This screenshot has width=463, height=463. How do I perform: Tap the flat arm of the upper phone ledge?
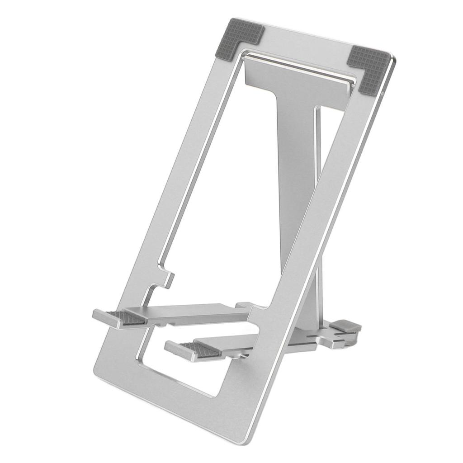click(194, 312)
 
